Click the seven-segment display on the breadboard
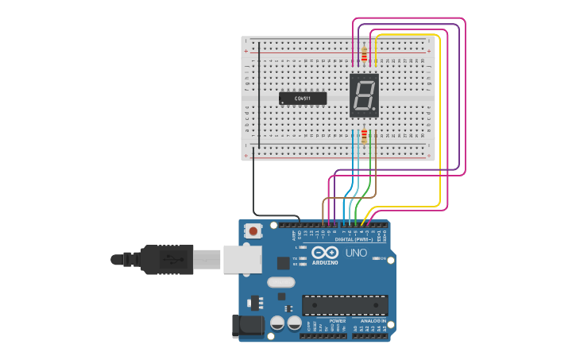pyautogui.click(x=364, y=95)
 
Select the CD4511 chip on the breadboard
pyautogui.click(x=303, y=99)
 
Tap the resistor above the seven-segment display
pyautogui.click(x=364, y=55)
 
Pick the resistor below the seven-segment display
pyautogui.click(x=365, y=136)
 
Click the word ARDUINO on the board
pyautogui.click(x=325, y=262)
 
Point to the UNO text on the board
pyautogui.click(x=356, y=253)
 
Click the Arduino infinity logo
pyautogui.click(x=324, y=252)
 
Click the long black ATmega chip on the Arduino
pyautogui.click(x=345, y=305)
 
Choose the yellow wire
pyautogui.click(x=439, y=119)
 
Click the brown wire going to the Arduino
pyautogui.click(x=350, y=197)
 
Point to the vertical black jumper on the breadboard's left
pyautogui.click(x=257, y=95)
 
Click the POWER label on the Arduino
pyautogui.click(x=326, y=321)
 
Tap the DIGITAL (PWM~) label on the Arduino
pyautogui.click(x=355, y=238)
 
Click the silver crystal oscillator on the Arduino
pyautogui.click(x=281, y=282)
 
